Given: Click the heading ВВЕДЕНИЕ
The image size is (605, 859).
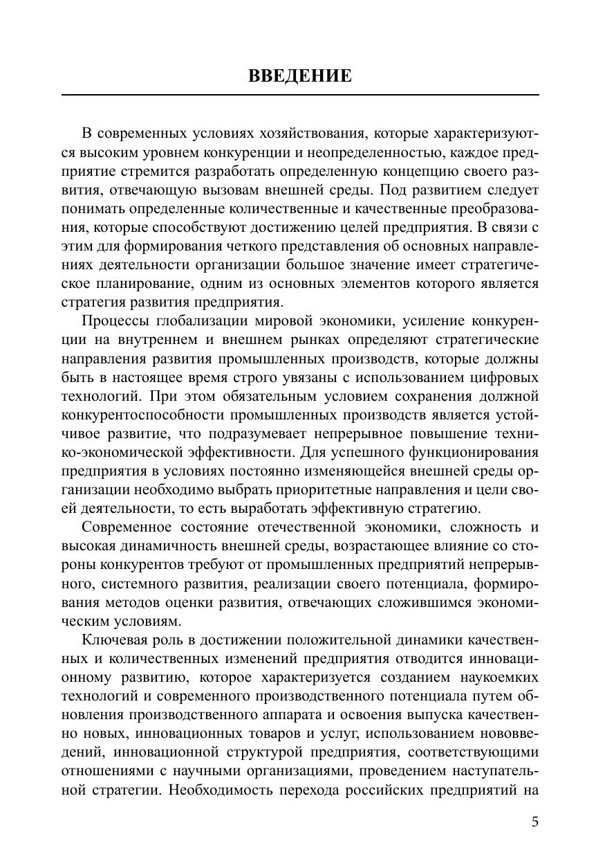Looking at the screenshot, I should click(x=300, y=75).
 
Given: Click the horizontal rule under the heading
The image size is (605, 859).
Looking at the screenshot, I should click(x=300, y=95).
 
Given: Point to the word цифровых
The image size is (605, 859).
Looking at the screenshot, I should click(x=504, y=377).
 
